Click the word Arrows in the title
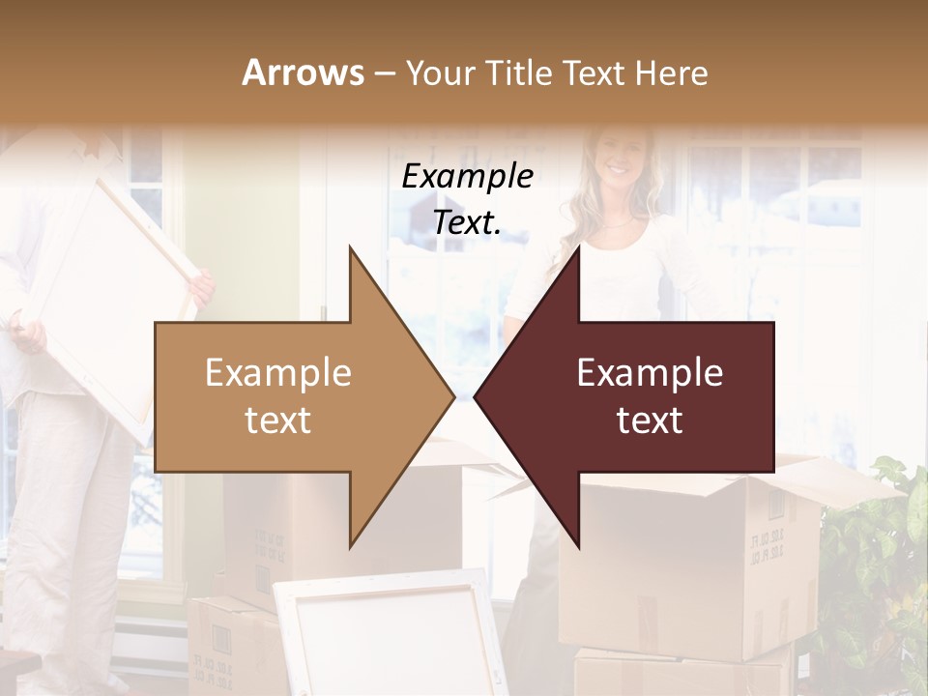pos(304,72)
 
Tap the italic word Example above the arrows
pos(467,176)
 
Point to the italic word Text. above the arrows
pos(467,222)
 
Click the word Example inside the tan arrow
pos(278,373)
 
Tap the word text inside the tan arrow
pos(278,420)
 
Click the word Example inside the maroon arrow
pos(650,373)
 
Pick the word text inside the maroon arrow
pos(650,420)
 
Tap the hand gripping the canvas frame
pos(201,286)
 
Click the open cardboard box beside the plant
pos(696,561)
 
